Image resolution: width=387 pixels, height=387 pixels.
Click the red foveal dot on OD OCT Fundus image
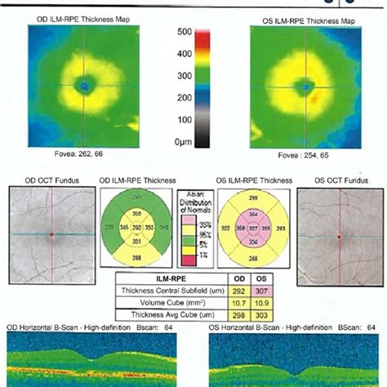coord(51,234)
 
